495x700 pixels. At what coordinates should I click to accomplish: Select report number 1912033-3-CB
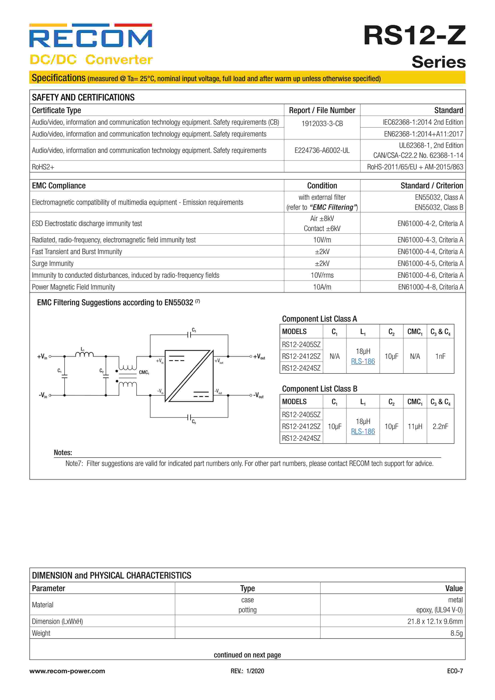click(x=322, y=123)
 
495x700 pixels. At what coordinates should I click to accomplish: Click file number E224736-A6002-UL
click(x=322, y=150)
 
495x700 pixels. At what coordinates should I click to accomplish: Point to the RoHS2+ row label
click(x=43, y=167)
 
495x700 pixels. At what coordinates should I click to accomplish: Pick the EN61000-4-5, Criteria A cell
click(x=430, y=263)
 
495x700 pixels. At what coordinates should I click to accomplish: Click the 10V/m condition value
click(x=322, y=240)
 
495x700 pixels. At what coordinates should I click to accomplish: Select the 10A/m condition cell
click(x=322, y=287)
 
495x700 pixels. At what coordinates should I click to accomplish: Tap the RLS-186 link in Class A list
click(x=363, y=361)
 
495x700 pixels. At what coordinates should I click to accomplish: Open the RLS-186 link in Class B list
click(x=363, y=431)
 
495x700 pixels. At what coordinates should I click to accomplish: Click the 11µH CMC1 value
click(x=415, y=426)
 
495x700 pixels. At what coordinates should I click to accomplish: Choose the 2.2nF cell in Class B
click(x=440, y=426)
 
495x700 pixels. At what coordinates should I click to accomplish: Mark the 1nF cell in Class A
click(x=440, y=356)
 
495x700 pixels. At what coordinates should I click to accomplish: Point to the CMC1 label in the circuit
click(x=144, y=372)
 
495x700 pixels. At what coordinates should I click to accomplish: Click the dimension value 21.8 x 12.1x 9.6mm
click(x=435, y=621)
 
